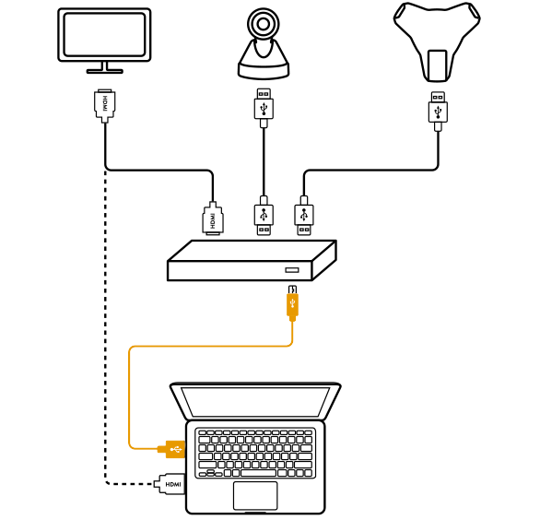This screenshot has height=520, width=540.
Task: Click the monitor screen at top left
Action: click(104, 34)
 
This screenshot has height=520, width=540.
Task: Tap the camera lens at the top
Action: click(264, 24)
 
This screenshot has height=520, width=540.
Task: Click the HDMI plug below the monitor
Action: click(105, 106)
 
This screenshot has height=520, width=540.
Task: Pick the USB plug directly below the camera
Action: click(264, 108)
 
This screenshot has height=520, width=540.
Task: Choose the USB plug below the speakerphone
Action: click(438, 111)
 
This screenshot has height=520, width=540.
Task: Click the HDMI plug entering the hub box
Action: click(213, 219)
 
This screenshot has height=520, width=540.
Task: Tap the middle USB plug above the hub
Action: click(264, 216)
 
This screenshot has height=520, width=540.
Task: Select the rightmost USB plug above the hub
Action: click(304, 216)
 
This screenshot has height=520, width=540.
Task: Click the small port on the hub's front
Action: click(292, 270)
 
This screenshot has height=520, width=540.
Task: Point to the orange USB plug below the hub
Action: click(292, 303)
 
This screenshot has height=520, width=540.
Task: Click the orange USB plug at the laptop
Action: click(171, 449)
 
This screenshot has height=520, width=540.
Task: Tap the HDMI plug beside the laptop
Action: click(170, 484)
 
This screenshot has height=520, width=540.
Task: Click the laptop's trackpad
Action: click(255, 495)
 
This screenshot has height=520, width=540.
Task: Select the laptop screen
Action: click(255, 401)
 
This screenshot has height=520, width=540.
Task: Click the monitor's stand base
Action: click(105, 71)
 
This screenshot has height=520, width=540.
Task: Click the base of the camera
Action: click(264, 71)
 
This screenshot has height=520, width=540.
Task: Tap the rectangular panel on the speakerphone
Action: click(438, 65)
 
